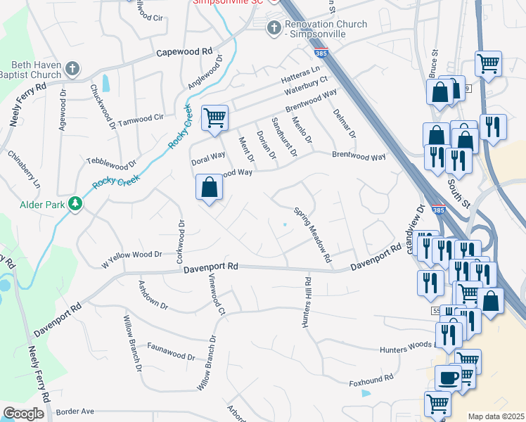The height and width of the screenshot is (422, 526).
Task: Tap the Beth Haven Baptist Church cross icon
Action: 71,68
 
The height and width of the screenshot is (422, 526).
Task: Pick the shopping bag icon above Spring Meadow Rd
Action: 209,187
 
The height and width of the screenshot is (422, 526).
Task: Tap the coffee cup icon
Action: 447,378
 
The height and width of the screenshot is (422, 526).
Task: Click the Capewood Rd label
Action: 184,52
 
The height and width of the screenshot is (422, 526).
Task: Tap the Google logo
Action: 24,414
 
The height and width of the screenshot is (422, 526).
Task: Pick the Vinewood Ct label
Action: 214,295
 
